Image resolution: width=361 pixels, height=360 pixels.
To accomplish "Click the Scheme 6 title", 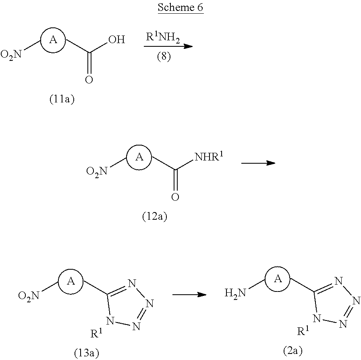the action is point(180,7).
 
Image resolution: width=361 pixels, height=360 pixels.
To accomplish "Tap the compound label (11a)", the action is point(62,99).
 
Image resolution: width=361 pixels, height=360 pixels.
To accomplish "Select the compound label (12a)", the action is point(154,216).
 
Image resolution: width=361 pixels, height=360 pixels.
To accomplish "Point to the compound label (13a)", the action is point(87,353).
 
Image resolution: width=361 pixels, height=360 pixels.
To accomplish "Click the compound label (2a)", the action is point(293,351).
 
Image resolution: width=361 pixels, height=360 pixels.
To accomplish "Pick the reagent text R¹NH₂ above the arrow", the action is point(163,37).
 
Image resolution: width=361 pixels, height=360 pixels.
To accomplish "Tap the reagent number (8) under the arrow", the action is point(164,56).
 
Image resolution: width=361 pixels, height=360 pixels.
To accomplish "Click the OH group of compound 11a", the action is point(117,40).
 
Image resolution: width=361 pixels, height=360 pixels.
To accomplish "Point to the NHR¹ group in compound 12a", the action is point(209,156).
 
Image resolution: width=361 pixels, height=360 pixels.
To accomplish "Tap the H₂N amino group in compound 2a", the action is point(235,293).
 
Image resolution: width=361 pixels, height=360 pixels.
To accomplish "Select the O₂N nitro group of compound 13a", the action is point(29,296).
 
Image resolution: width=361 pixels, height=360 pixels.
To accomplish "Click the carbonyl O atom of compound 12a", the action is point(175,197).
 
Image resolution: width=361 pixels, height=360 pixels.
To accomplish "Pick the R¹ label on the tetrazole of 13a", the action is point(96,333).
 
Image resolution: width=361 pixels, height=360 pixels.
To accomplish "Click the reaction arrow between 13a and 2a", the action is point(189,294).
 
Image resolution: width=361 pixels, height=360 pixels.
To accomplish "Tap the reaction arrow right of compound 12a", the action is point(258,163).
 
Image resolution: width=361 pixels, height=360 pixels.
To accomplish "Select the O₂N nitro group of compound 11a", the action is point(11,55).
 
